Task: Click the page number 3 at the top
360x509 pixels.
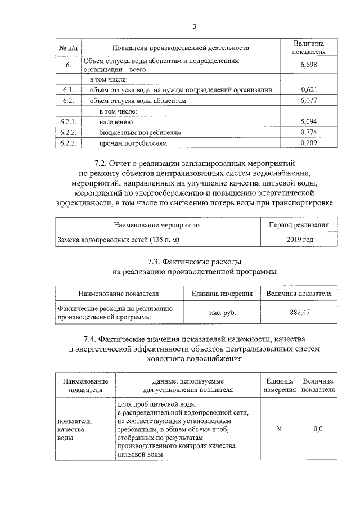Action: [195, 26]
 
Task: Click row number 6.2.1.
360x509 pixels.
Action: [67, 122]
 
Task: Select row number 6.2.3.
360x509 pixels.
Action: [67, 143]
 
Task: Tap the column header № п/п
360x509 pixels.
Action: [67, 48]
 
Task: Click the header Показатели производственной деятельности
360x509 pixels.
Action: [181, 48]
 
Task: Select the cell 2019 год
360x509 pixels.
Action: [300, 240]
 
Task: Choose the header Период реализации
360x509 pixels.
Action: [300, 225]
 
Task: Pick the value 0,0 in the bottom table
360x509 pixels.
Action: [318, 429]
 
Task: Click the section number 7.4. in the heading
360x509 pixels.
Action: [91, 339]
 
